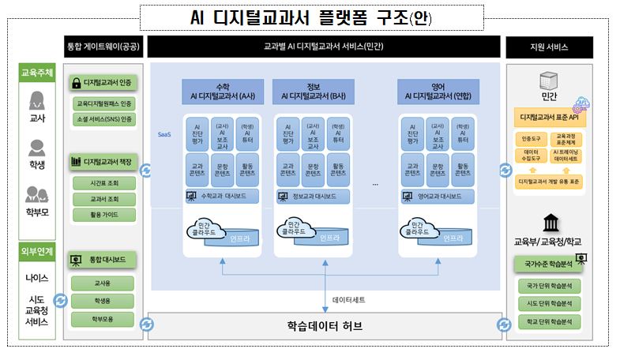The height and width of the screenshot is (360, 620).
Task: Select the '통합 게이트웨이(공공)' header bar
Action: (103, 47)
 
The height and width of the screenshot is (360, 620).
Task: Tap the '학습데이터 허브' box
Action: (323, 325)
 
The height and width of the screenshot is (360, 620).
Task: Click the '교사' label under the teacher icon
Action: (36, 118)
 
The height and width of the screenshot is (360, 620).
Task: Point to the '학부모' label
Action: (36, 212)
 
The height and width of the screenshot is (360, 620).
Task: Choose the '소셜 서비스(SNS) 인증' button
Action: (104, 120)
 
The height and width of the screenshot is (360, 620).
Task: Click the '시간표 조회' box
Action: (104, 183)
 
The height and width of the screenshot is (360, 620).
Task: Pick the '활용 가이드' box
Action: (104, 214)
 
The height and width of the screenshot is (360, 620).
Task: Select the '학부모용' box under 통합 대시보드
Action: (104, 319)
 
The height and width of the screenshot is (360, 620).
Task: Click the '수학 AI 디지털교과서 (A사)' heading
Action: (224, 91)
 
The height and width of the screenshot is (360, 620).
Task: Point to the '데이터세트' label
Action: (348, 300)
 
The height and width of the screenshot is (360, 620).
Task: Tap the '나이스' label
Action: (36, 278)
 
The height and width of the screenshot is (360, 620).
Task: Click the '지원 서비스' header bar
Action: (550, 47)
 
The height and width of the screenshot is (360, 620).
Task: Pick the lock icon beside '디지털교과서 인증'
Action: (77, 82)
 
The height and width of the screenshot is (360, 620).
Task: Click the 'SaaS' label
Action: (164, 135)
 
